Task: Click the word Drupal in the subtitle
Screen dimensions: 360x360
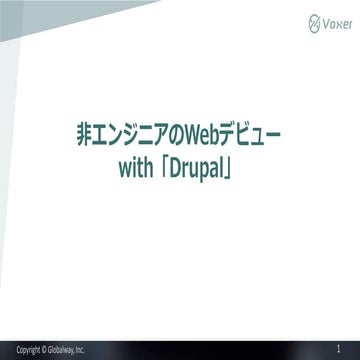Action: (219, 160)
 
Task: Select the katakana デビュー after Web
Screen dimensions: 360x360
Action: (251, 131)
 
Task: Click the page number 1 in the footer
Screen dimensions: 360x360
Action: (340, 349)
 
